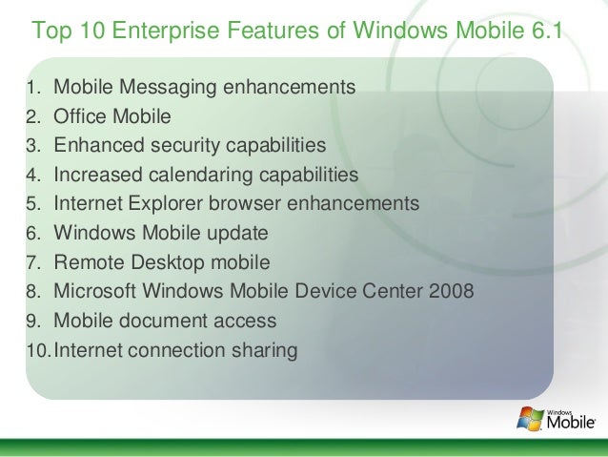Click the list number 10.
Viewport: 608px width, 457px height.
point(38,350)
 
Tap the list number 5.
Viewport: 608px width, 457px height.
point(31,204)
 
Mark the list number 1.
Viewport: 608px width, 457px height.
point(31,89)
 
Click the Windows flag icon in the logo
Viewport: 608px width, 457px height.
point(528,416)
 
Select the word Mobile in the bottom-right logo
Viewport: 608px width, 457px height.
point(571,421)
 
